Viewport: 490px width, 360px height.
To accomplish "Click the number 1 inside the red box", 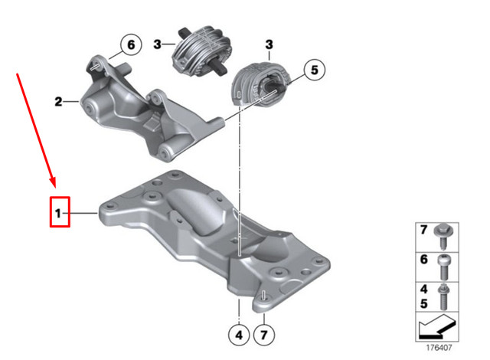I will click(57, 209).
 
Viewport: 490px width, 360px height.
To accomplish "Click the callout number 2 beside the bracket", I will click(58, 100).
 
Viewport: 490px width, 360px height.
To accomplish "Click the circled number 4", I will click(238, 334).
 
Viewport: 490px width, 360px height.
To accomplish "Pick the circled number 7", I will click(263, 334).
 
